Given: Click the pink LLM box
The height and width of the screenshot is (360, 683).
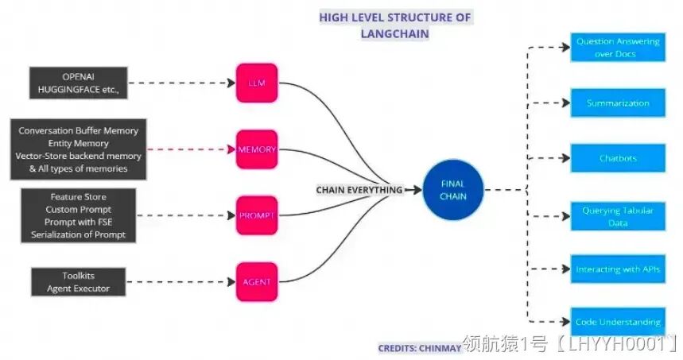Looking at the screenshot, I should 257,82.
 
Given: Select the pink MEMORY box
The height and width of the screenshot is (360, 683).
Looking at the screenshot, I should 257,149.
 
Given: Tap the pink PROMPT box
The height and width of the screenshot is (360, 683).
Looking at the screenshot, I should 257,215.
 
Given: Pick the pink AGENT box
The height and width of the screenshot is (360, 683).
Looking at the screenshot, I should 257,281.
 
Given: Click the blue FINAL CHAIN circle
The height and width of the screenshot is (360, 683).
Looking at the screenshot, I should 452,189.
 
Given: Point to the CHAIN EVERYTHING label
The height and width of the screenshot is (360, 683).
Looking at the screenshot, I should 359,190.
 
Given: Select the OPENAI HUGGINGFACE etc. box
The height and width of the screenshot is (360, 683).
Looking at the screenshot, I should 78,83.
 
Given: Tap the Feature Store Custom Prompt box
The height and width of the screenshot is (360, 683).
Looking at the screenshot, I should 78,215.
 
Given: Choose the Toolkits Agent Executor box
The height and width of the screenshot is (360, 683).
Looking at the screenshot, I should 78,281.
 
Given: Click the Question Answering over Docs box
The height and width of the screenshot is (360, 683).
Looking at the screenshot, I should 617,48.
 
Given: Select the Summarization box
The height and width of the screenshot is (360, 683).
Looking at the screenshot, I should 617,103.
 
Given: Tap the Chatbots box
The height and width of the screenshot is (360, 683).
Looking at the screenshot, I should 617,159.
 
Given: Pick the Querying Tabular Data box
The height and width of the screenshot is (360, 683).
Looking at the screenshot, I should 617,215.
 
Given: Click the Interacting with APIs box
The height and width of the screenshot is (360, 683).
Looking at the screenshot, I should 617,269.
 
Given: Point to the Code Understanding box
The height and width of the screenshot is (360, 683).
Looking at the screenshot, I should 617,322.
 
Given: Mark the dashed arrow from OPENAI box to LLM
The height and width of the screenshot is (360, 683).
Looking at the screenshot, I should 183,83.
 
